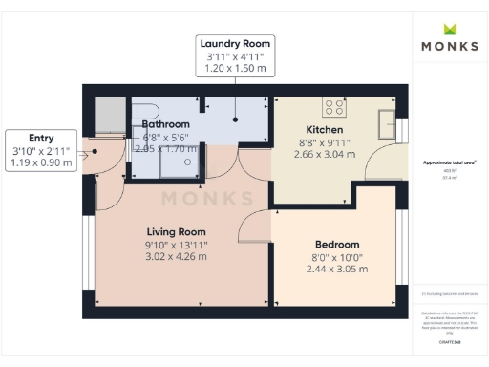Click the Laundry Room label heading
pyautogui.click(x=235, y=43)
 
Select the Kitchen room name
pyautogui.click(x=324, y=130)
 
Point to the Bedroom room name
pyautogui.click(x=338, y=244)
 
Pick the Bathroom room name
pyautogui.click(x=166, y=124)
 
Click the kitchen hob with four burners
pyautogui.click(x=334, y=106)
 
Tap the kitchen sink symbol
pyautogui.click(x=389, y=123)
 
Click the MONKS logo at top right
pyautogui.click(x=450, y=45)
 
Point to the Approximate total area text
pyautogui.click(x=449, y=163)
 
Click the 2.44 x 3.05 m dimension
pyautogui.click(x=338, y=270)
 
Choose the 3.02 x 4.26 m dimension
pyautogui.click(x=176, y=257)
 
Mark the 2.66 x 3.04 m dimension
pyautogui.click(x=324, y=155)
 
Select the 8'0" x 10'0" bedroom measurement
pyautogui.click(x=338, y=257)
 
